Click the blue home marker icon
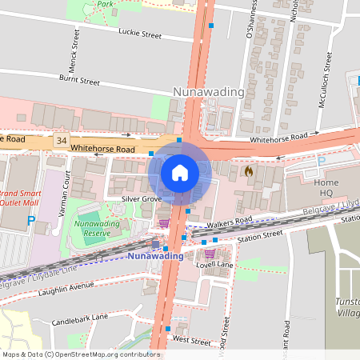tap(180, 172)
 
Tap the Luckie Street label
tap(140, 35)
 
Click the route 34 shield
tap(62, 141)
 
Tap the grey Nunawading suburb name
tap(209, 92)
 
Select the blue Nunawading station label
tap(154, 256)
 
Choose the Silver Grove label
tap(142, 198)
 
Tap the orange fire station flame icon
tap(249, 170)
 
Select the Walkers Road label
tap(228, 220)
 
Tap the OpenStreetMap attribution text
tap(80, 354)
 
